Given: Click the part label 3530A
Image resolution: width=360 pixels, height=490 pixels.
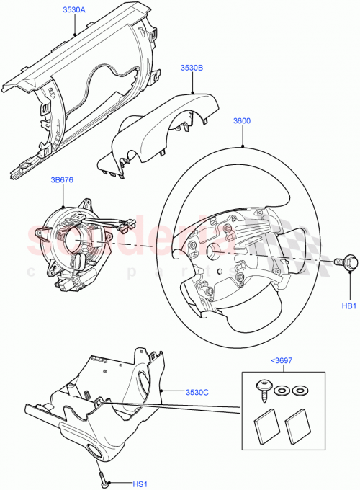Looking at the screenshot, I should pos(73,11).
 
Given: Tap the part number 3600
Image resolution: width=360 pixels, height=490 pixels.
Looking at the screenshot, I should pos(241,121).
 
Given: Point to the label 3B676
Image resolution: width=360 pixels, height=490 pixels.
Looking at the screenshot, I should pos(63,180).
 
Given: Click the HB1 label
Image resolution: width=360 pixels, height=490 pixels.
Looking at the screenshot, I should pos(348,306).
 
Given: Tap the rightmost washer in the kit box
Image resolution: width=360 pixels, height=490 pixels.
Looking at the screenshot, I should pos(298,391).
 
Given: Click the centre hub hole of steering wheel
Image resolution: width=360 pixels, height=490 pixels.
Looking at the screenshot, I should pos(213,251).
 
